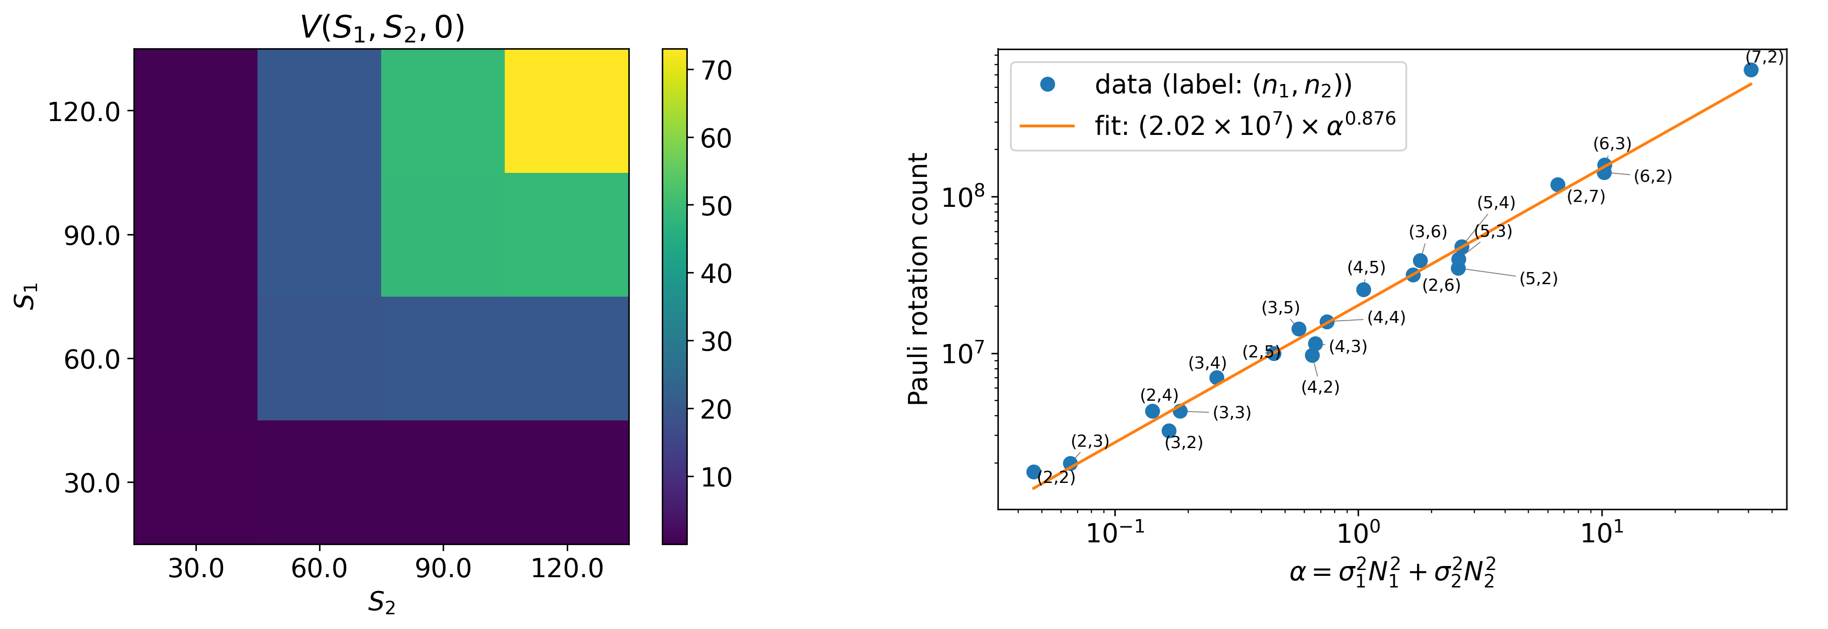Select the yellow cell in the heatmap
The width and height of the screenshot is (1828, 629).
point(566,111)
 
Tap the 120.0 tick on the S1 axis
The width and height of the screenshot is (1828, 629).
point(84,111)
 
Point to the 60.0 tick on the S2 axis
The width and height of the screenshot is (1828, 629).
point(320,568)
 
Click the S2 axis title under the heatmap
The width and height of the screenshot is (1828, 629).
point(382,603)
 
